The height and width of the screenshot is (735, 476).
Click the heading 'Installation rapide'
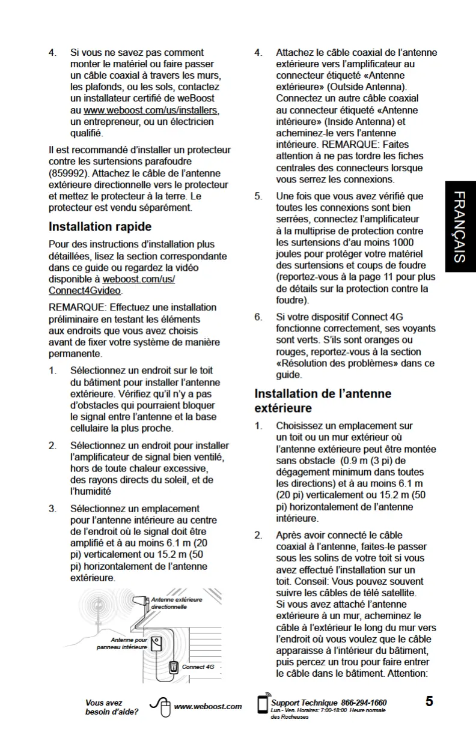[x=100, y=227]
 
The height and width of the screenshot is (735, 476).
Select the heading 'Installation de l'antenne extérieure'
[x=323, y=401]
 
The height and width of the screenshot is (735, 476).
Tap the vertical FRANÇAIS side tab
[x=460, y=226]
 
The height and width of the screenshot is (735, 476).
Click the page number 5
[x=429, y=701]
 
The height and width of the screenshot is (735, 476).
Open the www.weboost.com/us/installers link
[x=151, y=110]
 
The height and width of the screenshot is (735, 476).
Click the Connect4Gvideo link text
[x=85, y=291]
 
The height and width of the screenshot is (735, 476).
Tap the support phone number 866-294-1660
[x=364, y=703]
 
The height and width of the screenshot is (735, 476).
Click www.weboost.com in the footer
[x=207, y=707]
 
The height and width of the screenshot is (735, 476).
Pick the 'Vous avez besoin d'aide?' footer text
[x=111, y=707]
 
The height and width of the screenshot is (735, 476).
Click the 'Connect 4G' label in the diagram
[x=198, y=667]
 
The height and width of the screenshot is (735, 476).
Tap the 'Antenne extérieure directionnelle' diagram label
[x=176, y=603]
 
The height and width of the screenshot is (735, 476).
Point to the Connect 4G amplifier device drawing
[x=173, y=667]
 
